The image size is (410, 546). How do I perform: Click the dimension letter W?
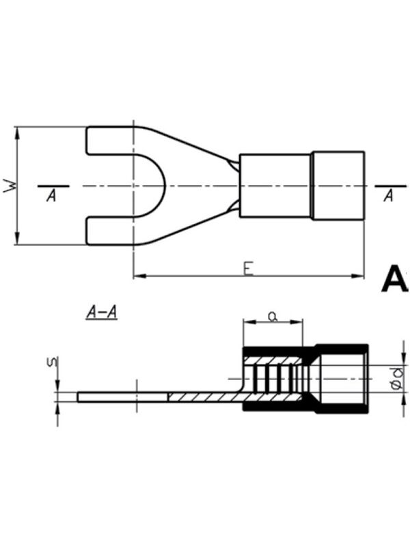pyautogui.click(x=10, y=186)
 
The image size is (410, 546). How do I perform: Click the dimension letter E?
pyautogui.click(x=248, y=269)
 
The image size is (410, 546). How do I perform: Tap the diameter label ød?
pyautogui.click(x=397, y=379)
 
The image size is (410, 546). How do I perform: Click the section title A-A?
pyautogui.click(x=101, y=312)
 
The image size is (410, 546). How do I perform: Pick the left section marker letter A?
pyautogui.click(x=52, y=196)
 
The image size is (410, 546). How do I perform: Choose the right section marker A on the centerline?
pyautogui.click(x=388, y=196)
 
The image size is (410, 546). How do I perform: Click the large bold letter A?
pyautogui.click(x=395, y=279)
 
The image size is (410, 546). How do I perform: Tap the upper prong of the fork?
pyautogui.click(x=110, y=141)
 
